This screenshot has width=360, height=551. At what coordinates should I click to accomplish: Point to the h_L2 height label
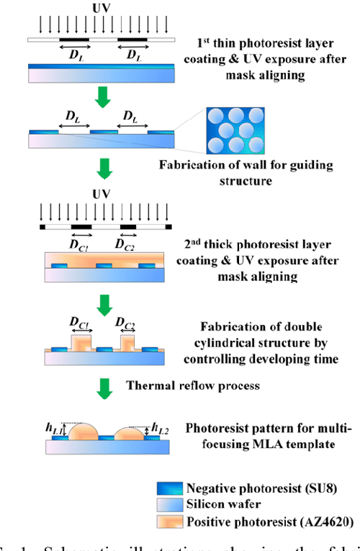pyautogui.click(x=160, y=430)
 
